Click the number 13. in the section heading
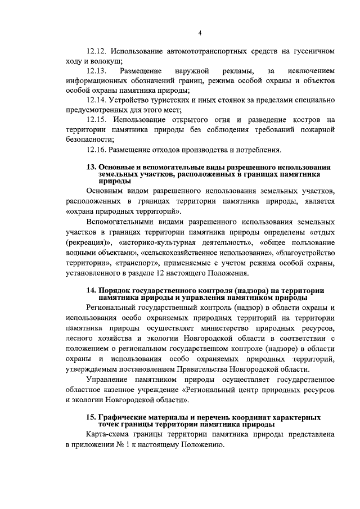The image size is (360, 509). point(91,168)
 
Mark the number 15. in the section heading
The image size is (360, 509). point(91,417)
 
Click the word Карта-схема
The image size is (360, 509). point(110,435)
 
